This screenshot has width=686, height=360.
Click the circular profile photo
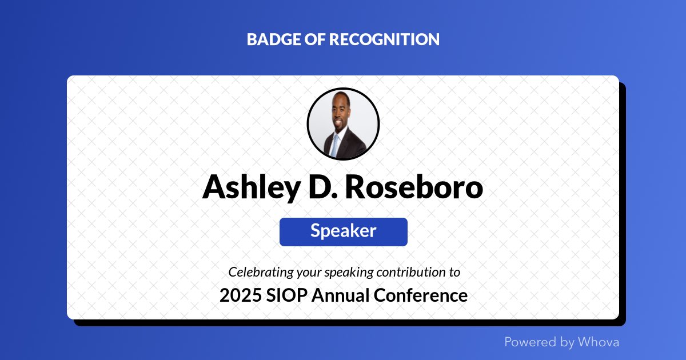click(x=343, y=123)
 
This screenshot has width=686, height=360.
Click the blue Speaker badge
click(x=343, y=231)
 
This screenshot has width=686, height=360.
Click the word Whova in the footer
click(x=598, y=342)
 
